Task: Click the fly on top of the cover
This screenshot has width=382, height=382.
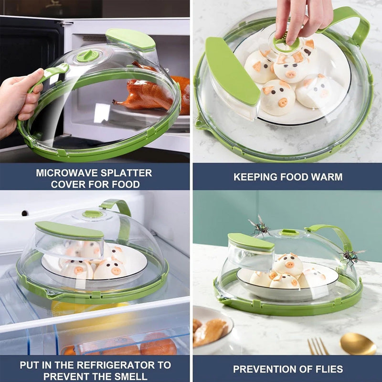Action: [x=260, y=225]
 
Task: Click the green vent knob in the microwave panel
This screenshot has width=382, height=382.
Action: [x=88, y=56]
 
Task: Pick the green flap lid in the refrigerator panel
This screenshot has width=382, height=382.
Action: [x=69, y=230]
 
